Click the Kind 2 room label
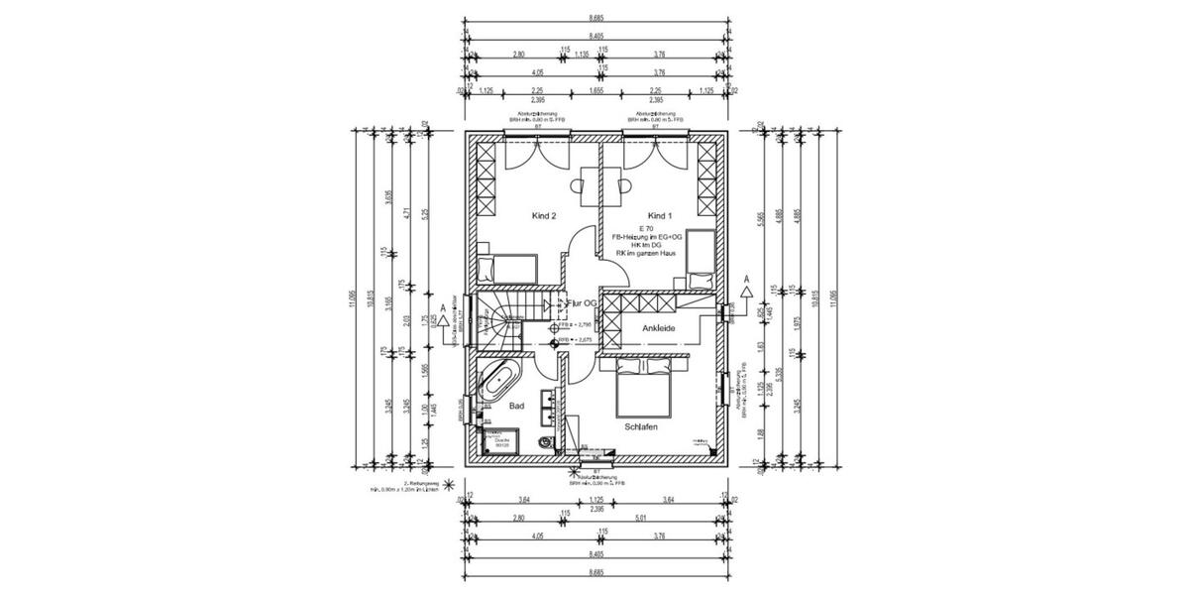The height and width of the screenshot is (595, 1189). (x=544, y=215)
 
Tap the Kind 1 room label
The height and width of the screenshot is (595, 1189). (x=660, y=215)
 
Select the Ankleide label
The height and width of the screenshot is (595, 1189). (x=660, y=326)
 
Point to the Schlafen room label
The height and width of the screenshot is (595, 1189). (x=642, y=426)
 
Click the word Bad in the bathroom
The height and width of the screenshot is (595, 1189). (x=516, y=406)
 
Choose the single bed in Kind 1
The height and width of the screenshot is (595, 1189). (x=701, y=256)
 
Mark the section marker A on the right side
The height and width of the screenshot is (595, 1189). (x=746, y=280)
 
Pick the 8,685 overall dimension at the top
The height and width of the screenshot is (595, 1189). (x=596, y=18)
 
